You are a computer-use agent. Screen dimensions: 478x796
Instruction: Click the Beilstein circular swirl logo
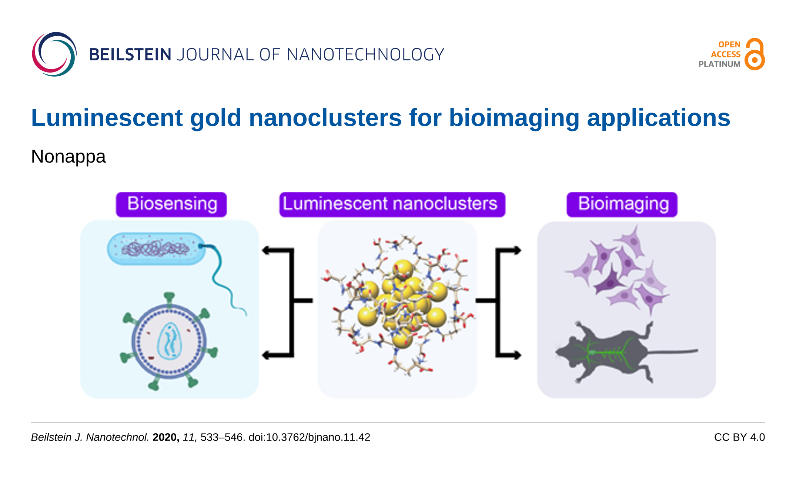[x=54, y=54]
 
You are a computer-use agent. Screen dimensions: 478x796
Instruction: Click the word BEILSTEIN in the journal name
[x=130, y=55]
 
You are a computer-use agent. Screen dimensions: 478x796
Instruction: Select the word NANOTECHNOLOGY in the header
[x=365, y=55]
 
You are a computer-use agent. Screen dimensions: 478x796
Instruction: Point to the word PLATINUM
[x=719, y=64]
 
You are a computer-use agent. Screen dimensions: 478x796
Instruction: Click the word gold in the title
[x=215, y=118]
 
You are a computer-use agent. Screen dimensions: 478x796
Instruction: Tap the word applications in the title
[x=658, y=118]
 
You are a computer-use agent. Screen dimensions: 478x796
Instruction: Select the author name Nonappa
[x=68, y=156]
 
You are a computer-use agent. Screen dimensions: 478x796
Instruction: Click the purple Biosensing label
[x=171, y=204]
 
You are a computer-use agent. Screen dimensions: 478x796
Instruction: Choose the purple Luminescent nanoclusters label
[x=392, y=204]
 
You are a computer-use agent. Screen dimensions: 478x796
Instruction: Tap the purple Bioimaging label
[x=622, y=204]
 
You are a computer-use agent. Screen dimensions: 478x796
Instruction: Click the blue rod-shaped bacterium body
[x=156, y=248]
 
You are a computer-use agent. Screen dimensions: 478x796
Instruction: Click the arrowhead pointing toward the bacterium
[x=265, y=251]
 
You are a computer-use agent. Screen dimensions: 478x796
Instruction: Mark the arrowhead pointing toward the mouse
[x=517, y=355]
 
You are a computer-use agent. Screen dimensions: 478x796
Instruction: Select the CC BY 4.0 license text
[x=739, y=437]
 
